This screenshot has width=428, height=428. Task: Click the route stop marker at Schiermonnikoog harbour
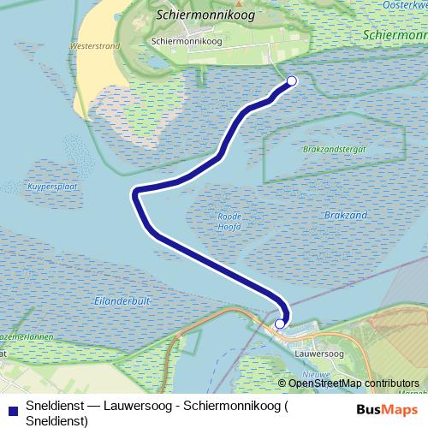[291, 81]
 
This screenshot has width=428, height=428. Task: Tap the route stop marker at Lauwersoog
[280, 324]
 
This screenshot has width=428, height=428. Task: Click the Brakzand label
[347, 214]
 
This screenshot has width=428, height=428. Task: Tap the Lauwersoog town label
[317, 352]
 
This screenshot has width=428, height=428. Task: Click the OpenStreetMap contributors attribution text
[354, 383]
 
